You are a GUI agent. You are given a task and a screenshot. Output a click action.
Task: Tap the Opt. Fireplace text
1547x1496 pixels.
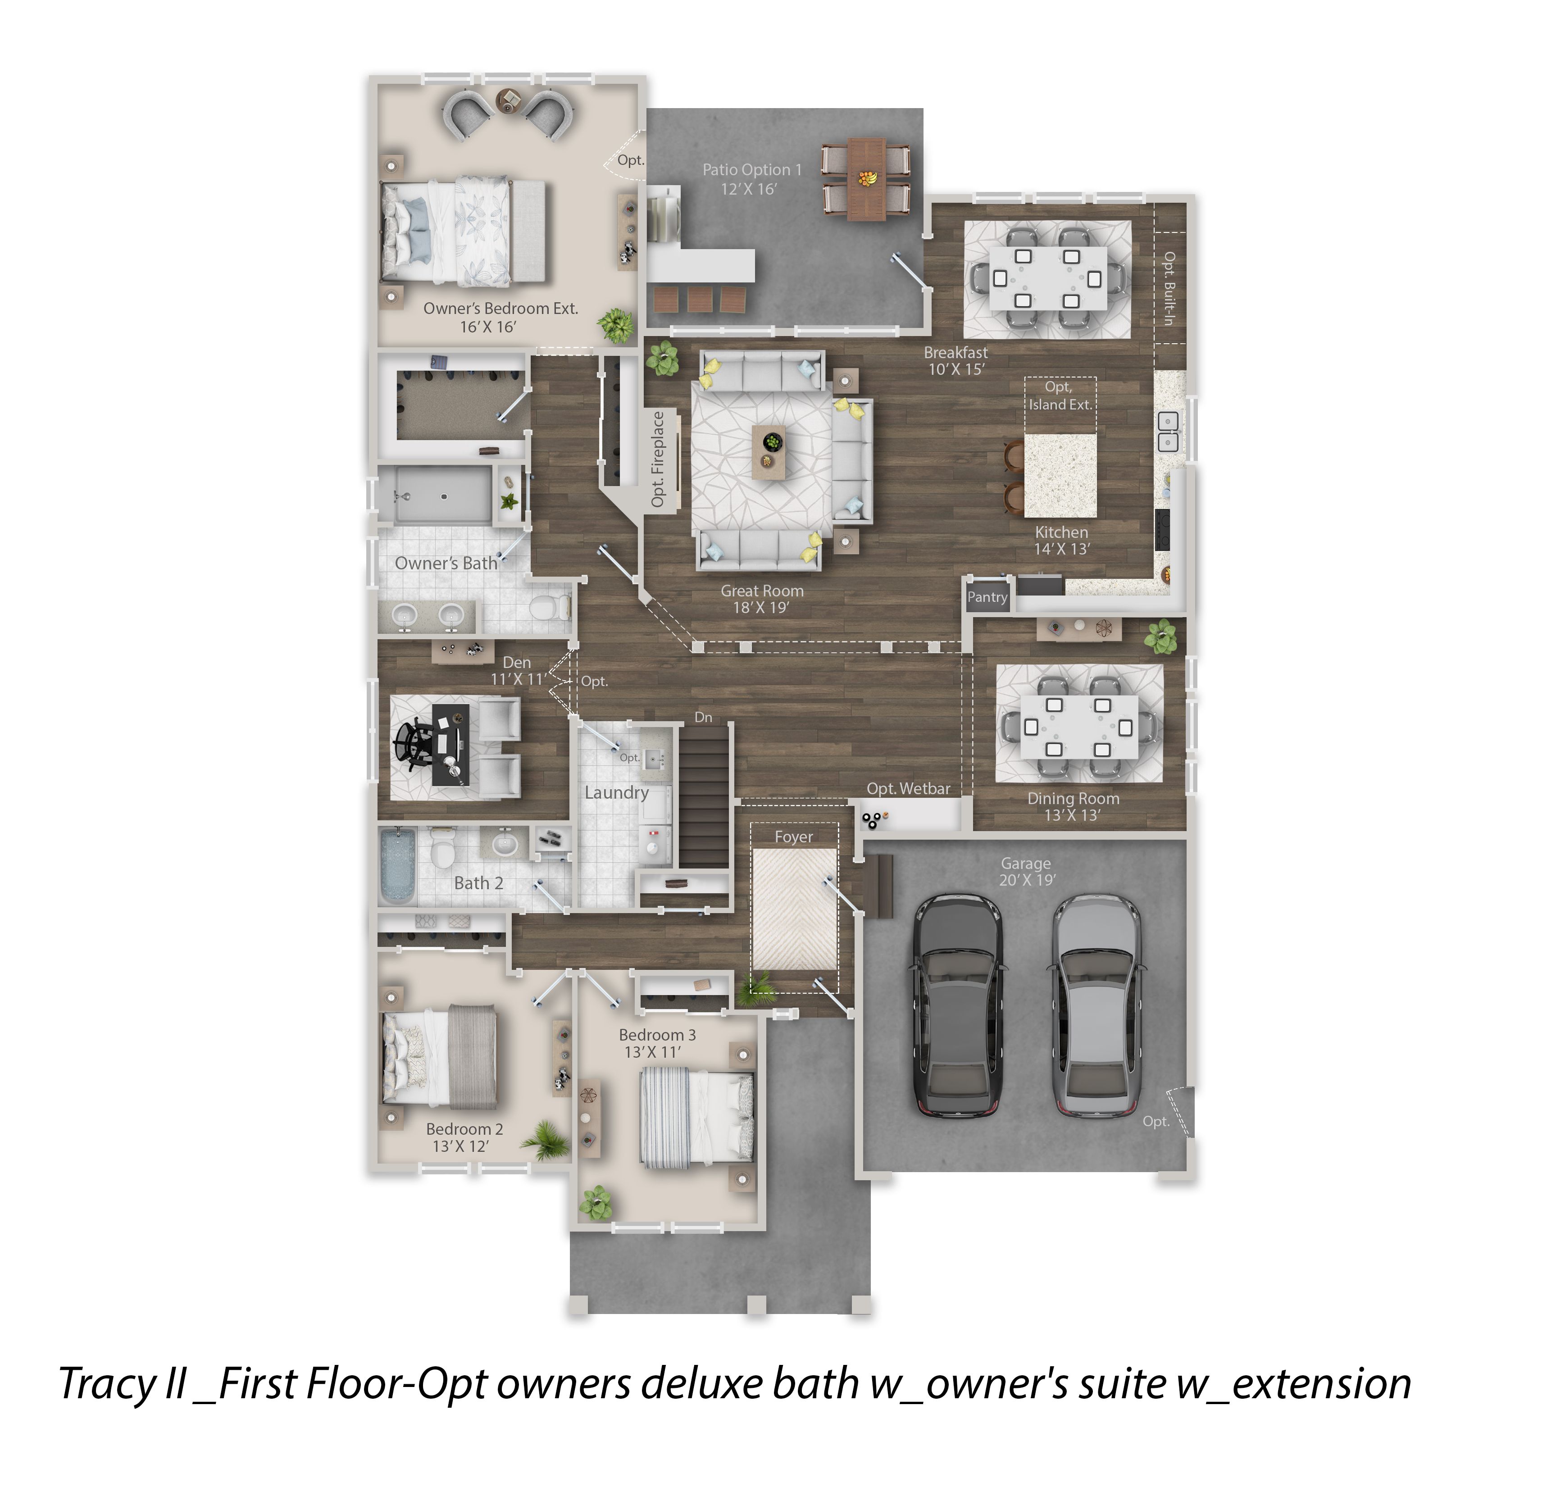point(657,459)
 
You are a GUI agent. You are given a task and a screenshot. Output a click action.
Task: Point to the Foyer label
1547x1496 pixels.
point(793,837)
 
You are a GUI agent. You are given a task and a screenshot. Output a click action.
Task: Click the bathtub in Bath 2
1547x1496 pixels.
point(398,865)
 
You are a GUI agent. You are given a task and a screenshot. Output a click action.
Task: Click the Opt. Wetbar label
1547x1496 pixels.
point(909,788)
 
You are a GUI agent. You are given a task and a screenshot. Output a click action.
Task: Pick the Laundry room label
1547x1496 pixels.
point(616,792)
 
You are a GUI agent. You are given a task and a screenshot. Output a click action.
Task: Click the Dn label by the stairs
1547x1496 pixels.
point(703,717)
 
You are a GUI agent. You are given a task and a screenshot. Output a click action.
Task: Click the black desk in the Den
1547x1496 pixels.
point(450,745)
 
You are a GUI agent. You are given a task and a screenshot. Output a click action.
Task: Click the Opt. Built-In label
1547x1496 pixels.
point(1169,288)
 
